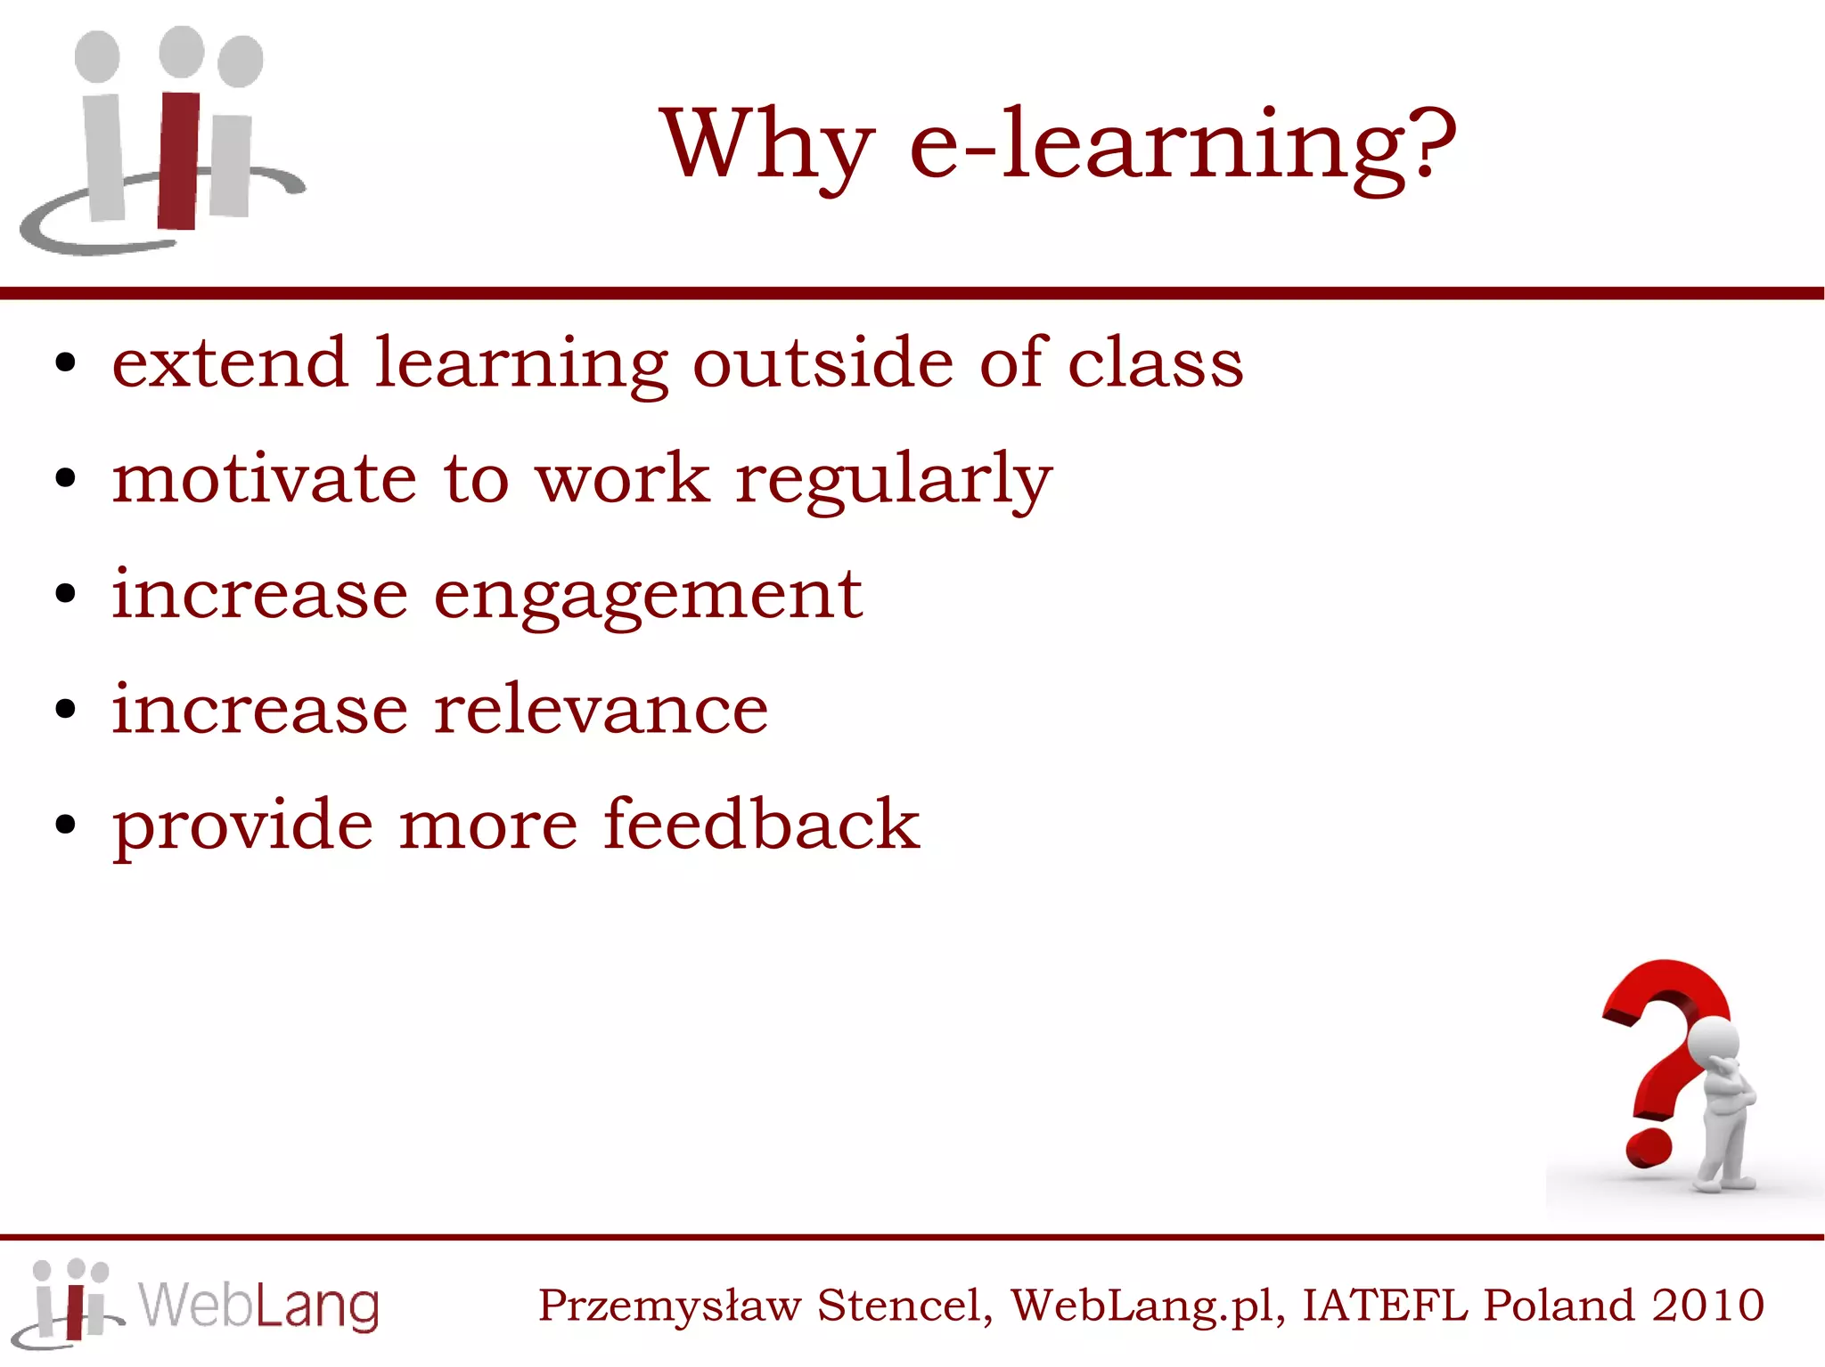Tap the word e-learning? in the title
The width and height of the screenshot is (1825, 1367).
tap(1182, 145)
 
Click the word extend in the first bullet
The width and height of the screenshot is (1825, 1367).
tap(230, 363)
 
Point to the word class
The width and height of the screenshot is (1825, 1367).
tap(1155, 363)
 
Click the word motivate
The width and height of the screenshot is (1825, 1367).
tap(265, 479)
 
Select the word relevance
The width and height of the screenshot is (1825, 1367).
tap(601, 710)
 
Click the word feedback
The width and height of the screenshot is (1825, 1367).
tap(762, 824)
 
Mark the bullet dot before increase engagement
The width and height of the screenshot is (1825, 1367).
tap(65, 594)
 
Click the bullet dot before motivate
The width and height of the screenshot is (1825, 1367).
tap(65, 478)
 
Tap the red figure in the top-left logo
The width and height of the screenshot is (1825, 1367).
tap(179, 160)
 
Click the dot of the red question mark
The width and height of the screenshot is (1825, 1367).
tap(1649, 1148)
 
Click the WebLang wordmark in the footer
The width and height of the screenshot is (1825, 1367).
tap(259, 1306)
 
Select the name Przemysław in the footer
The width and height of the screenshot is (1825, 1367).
tap(669, 1306)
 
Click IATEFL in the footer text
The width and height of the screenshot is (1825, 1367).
tap(1384, 1305)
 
